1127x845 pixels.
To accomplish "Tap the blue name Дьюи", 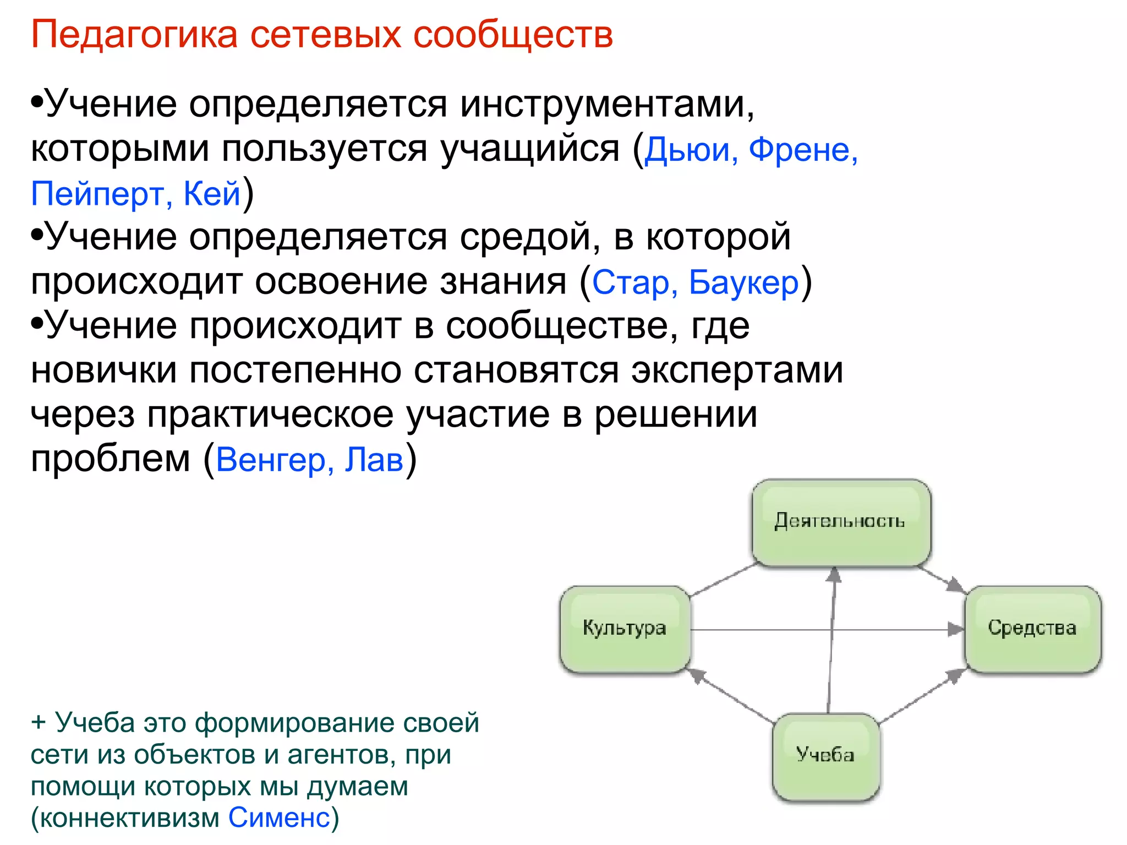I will pyautogui.click(x=691, y=150).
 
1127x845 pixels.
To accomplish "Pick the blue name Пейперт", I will pyautogui.click(x=97, y=194).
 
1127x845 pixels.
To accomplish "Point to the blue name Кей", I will pyautogui.click(x=212, y=194).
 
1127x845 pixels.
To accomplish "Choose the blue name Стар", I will pyautogui.click(x=630, y=282).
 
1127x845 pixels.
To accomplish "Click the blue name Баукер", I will pyautogui.click(x=743, y=282).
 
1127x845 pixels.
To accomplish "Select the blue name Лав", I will pyautogui.click(x=374, y=460).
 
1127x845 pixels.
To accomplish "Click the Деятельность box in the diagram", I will pyautogui.click(x=841, y=521).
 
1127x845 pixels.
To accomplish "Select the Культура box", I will pyautogui.click(x=625, y=628).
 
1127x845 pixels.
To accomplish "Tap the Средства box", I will pyautogui.click(x=1032, y=628).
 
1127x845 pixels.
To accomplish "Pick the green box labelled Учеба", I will pyautogui.click(x=825, y=755).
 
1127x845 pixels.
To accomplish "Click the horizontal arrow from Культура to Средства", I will pyautogui.click(x=798, y=629).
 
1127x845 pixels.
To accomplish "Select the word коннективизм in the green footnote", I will pyautogui.click(x=130, y=817).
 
